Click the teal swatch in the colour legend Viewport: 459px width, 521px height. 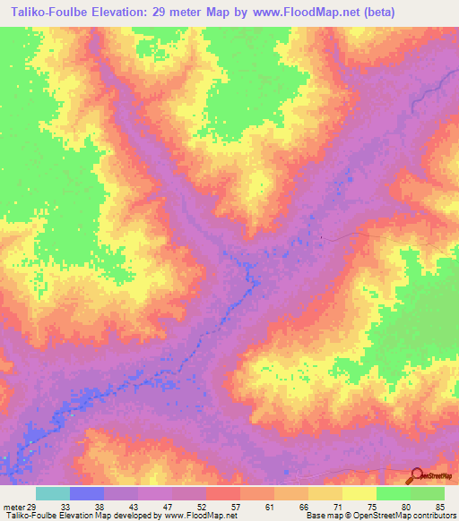click(x=53, y=493)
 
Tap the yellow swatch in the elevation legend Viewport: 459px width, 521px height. click(x=359, y=493)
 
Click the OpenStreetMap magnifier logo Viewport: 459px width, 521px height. click(x=417, y=476)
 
